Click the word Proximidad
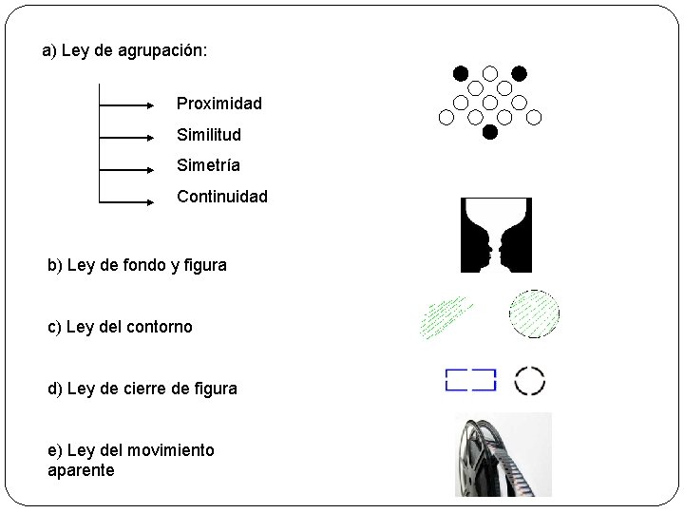pos(218,103)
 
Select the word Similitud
pos(209,134)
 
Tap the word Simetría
pos(208,165)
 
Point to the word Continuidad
pos(222,197)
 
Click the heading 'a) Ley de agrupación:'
pos(124,50)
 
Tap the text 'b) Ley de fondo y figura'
pos(137,265)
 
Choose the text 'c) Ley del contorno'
pos(120,327)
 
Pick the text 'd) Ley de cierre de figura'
pos(142,388)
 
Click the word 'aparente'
pos(81,470)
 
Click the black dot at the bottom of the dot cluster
pos(490,133)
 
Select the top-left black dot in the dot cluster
pos(461,72)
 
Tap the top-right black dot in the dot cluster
pos(520,72)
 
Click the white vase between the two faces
pos(496,232)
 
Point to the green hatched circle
pos(534,314)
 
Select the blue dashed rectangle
pos(471,380)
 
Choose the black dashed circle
pos(530,380)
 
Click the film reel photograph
pos(503,455)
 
